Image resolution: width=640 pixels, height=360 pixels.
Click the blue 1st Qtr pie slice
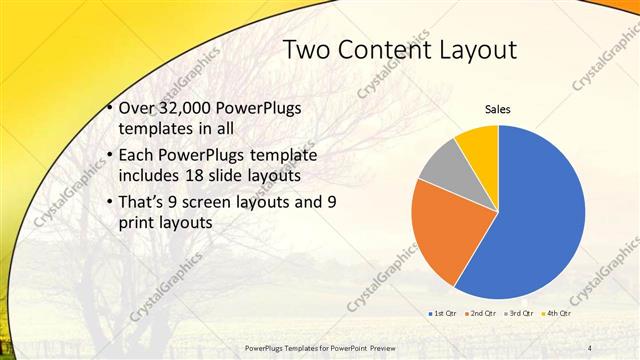540,220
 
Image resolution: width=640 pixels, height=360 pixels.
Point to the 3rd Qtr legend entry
519,314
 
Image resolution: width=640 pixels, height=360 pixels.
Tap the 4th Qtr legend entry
556,314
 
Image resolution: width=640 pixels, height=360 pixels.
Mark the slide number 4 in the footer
589,347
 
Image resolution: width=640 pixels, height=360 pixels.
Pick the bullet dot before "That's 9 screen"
108,202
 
